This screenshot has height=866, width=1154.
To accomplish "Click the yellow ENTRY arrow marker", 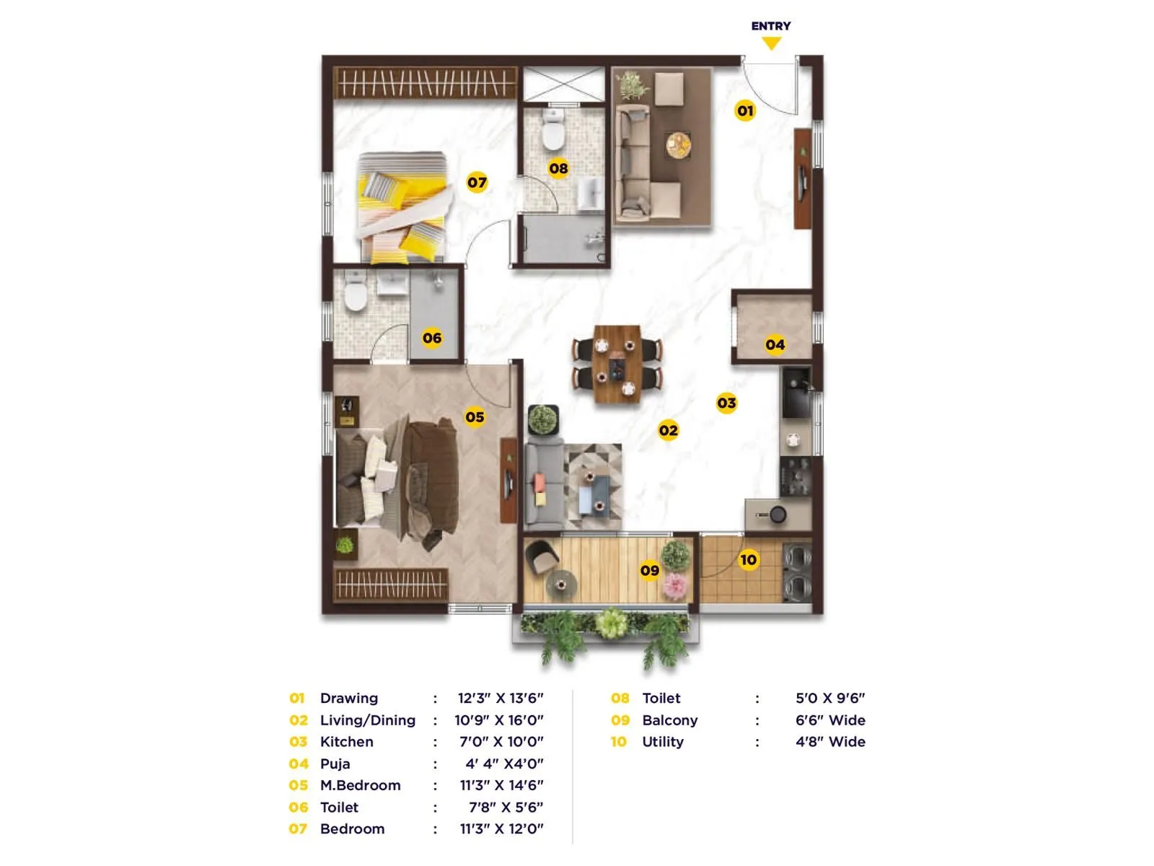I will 771,43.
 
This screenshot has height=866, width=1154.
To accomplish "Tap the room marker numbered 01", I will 745,110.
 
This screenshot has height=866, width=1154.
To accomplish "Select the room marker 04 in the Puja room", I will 775,344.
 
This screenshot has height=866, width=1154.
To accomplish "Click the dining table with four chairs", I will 617,363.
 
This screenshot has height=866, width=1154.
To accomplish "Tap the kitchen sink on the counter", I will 796,393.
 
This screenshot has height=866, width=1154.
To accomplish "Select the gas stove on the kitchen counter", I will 796,477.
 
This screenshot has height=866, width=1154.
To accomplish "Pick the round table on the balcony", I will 561,583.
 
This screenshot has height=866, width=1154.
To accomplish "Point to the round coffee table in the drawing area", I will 679,145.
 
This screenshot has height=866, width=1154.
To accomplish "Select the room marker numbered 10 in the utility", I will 749,559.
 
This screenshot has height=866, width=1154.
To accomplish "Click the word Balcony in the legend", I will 669,720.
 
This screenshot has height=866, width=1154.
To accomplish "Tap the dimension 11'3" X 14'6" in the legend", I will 501,785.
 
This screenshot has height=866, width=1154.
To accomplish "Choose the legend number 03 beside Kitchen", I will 298,742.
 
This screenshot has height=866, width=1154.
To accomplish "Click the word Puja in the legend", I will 335,764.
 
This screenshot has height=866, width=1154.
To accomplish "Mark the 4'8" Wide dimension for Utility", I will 830,742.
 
